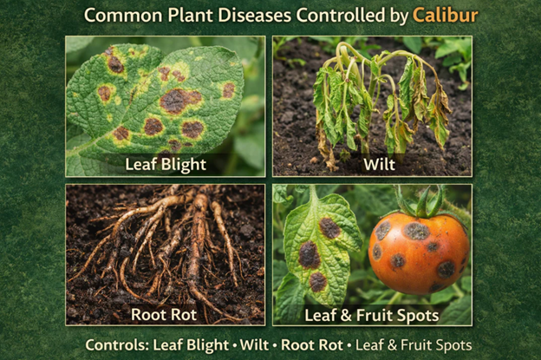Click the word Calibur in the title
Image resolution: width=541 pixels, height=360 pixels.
(445, 16)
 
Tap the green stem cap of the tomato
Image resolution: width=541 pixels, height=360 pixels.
(420, 205)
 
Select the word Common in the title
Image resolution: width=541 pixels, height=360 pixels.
(120, 16)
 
